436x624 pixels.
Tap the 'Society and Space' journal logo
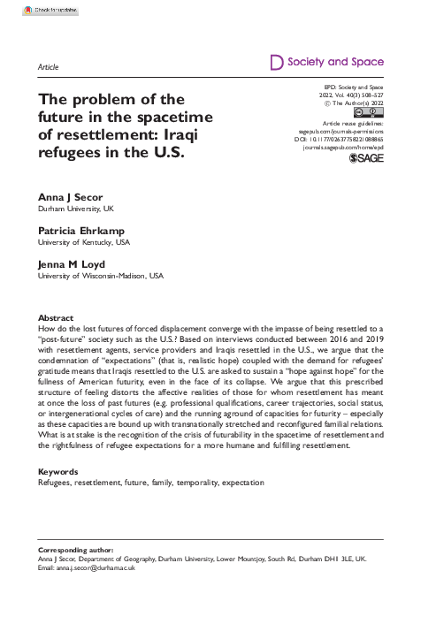point(325,63)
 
